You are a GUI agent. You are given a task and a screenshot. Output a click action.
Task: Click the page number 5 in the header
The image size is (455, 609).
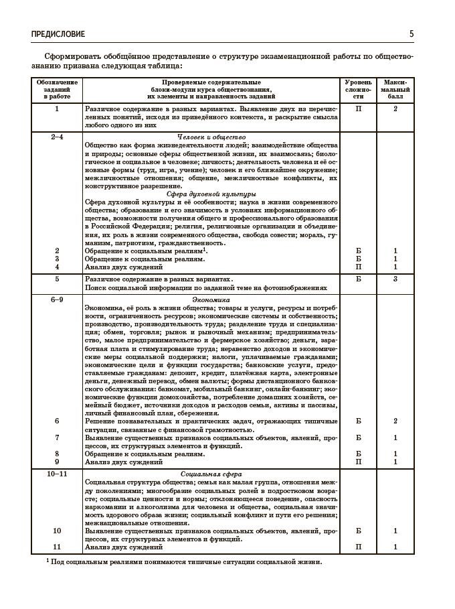click(x=412, y=33)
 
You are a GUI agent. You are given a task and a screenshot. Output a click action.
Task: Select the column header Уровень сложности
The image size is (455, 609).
click(x=358, y=89)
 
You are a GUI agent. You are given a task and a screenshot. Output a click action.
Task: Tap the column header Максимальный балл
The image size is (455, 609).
click(x=395, y=89)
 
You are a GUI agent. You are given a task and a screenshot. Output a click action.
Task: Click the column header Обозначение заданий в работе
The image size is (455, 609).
click(x=57, y=89)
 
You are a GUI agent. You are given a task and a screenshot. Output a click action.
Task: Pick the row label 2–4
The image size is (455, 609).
click(x=57, y=137)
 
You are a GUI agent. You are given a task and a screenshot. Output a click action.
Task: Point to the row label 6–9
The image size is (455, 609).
click(x=57, y=299)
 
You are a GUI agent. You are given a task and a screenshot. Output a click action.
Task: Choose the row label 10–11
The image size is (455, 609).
click(x=57, y=474)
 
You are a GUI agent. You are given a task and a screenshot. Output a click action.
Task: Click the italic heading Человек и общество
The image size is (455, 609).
click(x=211, y=137)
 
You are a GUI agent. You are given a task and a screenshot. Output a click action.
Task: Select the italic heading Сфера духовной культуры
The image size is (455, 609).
click(x=211, y=194)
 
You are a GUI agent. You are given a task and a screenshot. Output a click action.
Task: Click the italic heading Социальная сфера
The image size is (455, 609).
click(x=211, y=474)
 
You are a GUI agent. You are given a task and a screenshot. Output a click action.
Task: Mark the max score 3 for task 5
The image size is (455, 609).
click(x=395, y=279)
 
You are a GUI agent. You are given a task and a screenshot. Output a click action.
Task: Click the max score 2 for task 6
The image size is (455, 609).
click(x=395, y=421)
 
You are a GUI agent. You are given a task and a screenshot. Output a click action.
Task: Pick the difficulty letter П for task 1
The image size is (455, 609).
click(x=358, y=109)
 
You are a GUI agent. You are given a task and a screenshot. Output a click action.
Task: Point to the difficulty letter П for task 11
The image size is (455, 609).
click(x=358, y=547)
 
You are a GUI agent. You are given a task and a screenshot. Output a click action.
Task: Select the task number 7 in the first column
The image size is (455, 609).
click(x=57, y=437)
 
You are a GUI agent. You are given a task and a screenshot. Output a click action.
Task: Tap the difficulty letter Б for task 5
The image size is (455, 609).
click(x=358, y=279)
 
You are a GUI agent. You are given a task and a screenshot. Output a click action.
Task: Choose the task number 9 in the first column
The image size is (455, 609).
click(x=57, y=462)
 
